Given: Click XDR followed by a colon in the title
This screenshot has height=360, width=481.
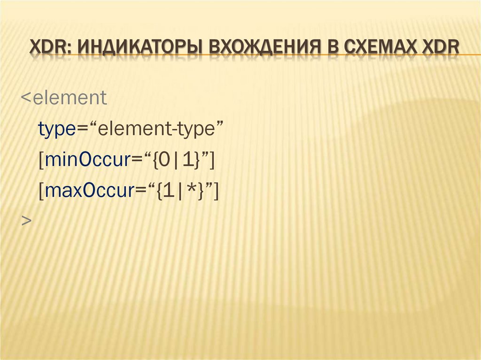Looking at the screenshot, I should pyautogui.click(x=50, y=48).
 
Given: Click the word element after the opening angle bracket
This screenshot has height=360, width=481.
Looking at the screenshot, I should pyautogui.click(x=70, y=98).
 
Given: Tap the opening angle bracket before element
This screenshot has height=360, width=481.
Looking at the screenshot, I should pyautogui.click(x=25, y=99).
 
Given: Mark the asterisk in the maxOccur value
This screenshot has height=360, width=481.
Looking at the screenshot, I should pyautogui.click(x=190, y=190).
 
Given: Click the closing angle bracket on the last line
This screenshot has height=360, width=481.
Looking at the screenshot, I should pyautogui.click(x=26, y=221).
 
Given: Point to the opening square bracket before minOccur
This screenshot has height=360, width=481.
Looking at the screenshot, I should pyautogui.click(x=41, y=161).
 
